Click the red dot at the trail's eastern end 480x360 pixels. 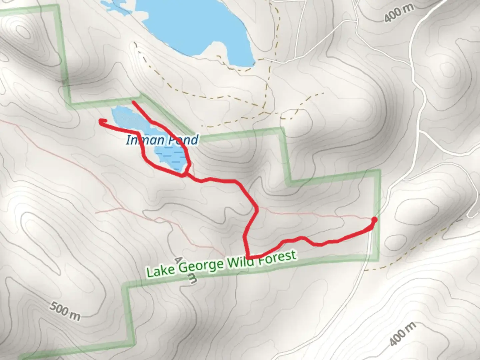[x=374, y=220]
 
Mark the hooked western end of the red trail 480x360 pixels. [x=101, y=122]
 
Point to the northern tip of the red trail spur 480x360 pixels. [x=133, y=102]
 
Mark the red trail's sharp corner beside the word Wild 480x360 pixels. [x=249, y=256]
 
